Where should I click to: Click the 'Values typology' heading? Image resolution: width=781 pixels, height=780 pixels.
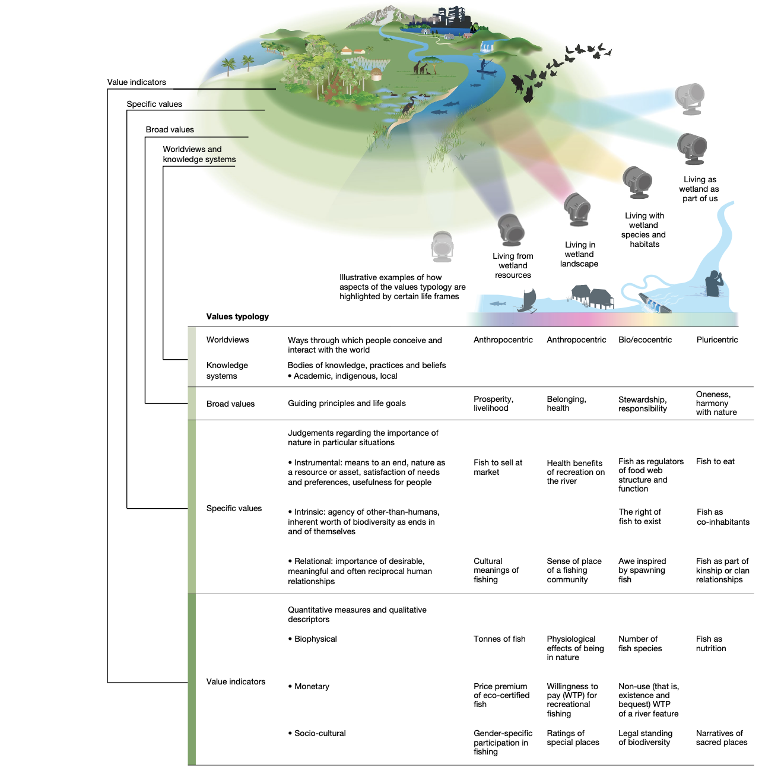(237, 316)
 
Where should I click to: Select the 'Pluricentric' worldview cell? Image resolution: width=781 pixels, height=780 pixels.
(717, 340)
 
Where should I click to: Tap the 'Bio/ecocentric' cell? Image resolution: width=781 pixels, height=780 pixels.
(645, 340)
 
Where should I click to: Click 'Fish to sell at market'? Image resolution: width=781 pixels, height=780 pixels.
(498, 467)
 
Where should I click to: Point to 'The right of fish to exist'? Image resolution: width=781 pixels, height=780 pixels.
(640, 516)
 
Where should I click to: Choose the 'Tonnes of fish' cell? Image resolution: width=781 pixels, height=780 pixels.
(500, 639)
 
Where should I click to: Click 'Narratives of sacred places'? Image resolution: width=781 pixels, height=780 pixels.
(721, 738)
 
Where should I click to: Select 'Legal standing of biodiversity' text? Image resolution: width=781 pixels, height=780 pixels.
(645, 738)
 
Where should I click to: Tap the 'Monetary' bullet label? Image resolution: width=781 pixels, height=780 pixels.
(312, 686)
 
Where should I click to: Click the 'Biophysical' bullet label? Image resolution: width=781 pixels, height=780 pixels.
(315, 639)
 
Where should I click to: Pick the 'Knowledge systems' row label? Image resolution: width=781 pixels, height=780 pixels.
(227, 370)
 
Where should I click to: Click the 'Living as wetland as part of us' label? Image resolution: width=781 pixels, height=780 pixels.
(700, 189)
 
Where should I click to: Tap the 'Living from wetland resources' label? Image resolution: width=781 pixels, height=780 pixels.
(513, 265)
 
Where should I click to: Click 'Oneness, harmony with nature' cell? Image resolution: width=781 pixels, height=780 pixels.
(716, 403)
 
